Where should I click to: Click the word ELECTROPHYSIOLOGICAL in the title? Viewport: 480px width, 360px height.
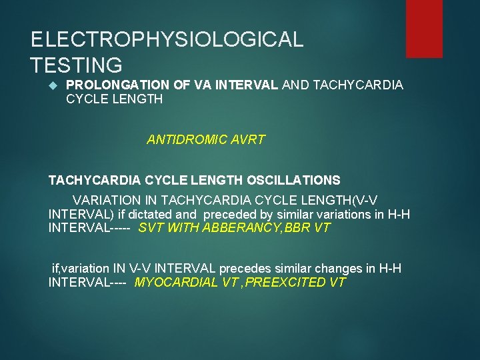[x=167, y=39]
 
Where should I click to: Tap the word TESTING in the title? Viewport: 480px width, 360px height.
[x=77, y=65]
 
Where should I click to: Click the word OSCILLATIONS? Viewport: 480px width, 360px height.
[x=293, y=180]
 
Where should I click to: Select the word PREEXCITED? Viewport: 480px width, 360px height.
[x=279, y=282]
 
